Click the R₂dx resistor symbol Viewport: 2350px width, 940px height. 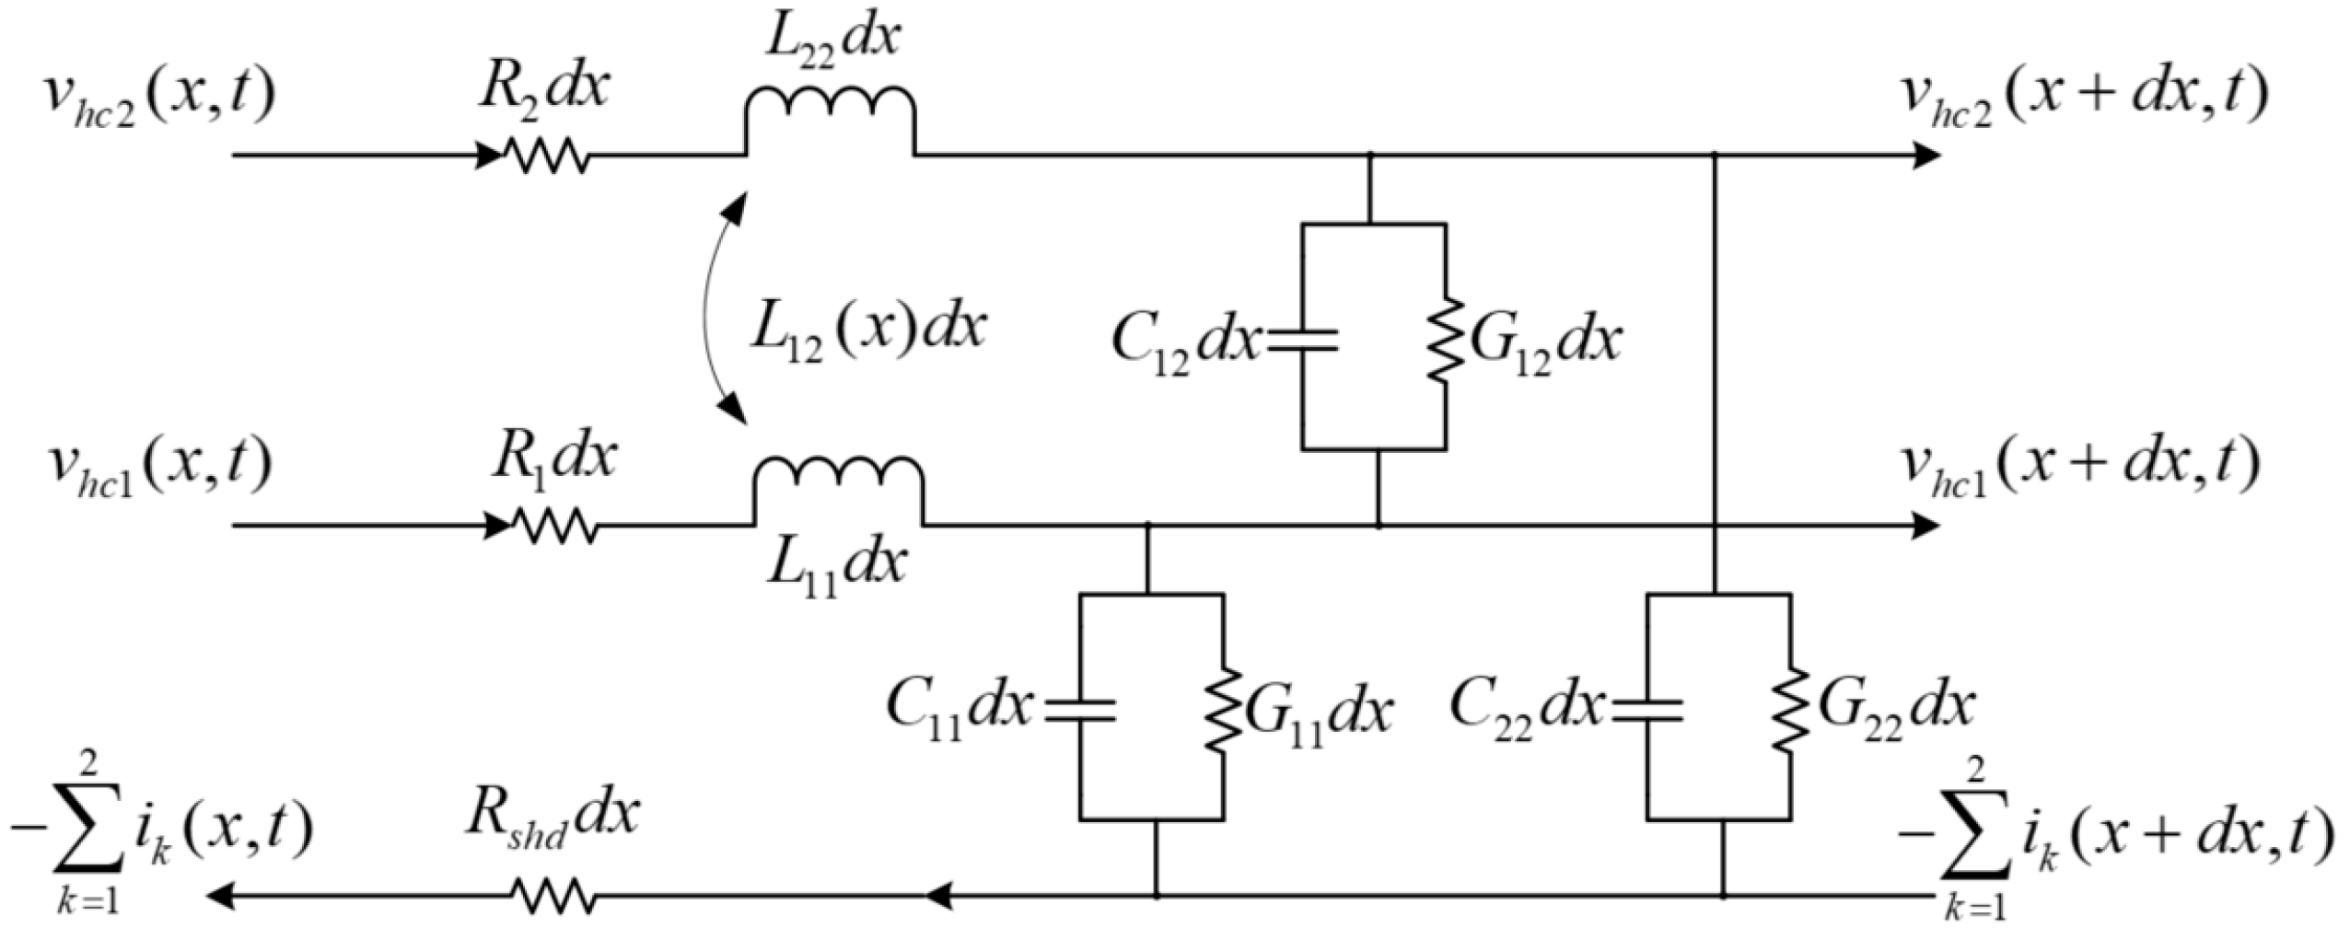click(545, 156)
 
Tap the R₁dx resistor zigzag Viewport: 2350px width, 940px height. click(553, 527)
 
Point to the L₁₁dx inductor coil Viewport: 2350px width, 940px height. click(838, 488)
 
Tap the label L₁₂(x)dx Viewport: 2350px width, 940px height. click(866, 330)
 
